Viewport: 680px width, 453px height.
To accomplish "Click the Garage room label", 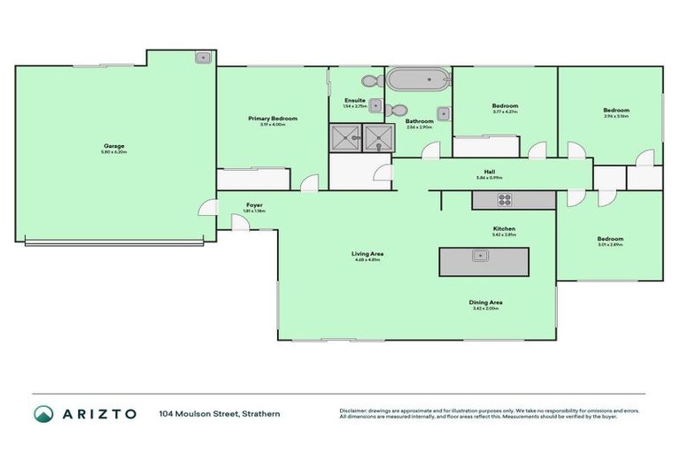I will point(113,145).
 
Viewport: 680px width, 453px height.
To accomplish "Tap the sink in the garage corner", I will point(202,58).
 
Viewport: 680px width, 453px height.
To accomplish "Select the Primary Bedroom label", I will point(272,118).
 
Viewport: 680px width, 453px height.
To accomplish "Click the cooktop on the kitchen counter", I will point(504,201).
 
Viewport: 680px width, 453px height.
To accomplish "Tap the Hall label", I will point(489,172).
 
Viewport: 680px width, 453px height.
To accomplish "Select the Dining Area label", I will point(486,303).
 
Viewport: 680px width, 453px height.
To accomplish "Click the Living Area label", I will point(367,254).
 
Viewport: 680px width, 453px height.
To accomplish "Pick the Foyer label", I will point(254,205).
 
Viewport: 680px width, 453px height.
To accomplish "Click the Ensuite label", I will point(354,100).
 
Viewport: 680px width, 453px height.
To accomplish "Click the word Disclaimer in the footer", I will point(354,410).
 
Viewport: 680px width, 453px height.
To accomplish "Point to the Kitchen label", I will point(504,228).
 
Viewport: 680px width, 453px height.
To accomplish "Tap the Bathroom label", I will point(420,121).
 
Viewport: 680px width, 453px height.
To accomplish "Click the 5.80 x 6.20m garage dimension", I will point(113,152).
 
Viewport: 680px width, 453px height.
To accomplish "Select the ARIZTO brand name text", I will point(98,413).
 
